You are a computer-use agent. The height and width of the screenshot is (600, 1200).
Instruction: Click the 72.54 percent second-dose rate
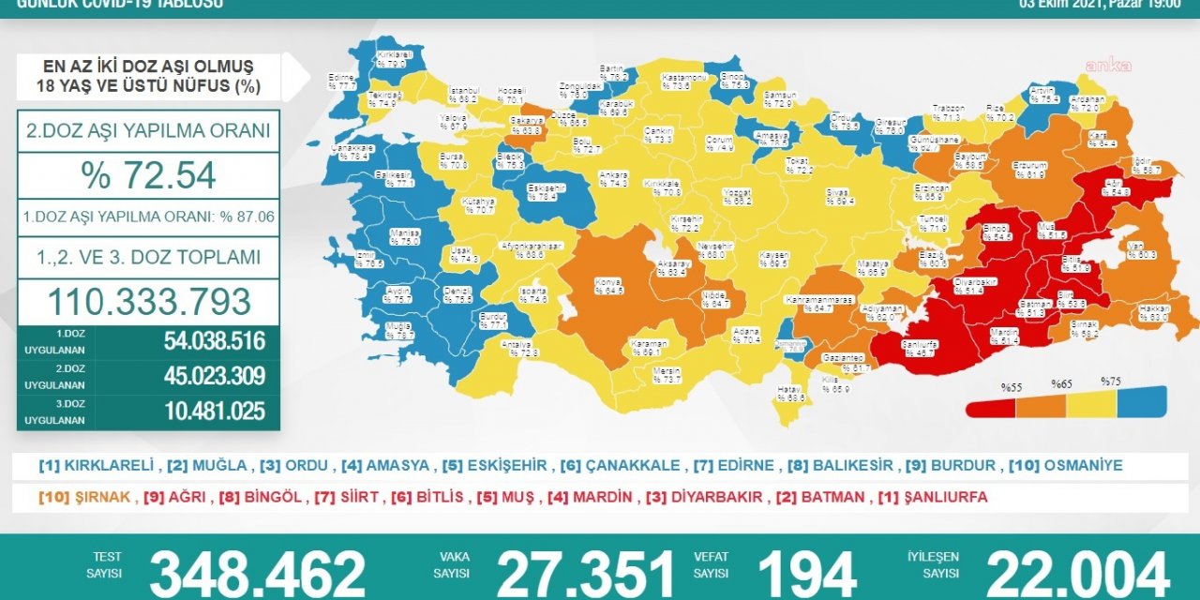tap(148, 175)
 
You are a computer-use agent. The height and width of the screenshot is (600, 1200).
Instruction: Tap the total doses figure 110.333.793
tap(148, 301)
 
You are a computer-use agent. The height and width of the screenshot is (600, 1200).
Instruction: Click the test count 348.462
tap(257, 573)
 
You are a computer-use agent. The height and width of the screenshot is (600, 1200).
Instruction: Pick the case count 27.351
tap(585, 573)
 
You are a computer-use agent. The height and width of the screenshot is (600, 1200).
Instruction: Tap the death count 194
tap(805, 573)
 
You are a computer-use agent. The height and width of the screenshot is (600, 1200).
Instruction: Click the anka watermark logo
tap(1108, 66)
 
